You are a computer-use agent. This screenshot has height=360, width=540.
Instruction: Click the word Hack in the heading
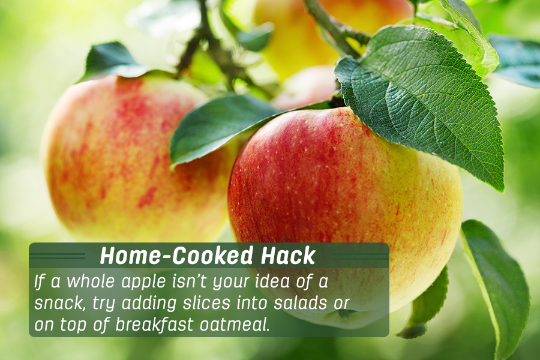click(288, 256)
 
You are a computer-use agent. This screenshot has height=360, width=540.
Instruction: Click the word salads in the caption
click(301, 303)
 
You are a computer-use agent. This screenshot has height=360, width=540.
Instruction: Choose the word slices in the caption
click(206, 303)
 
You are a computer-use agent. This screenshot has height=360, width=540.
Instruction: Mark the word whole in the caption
click(90, 281)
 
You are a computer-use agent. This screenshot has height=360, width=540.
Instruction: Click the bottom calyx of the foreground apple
click(346, 313)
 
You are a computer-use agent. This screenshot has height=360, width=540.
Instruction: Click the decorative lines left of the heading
click(57, 256)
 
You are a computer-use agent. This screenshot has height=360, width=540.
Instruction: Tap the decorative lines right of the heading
click(360, 256)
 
